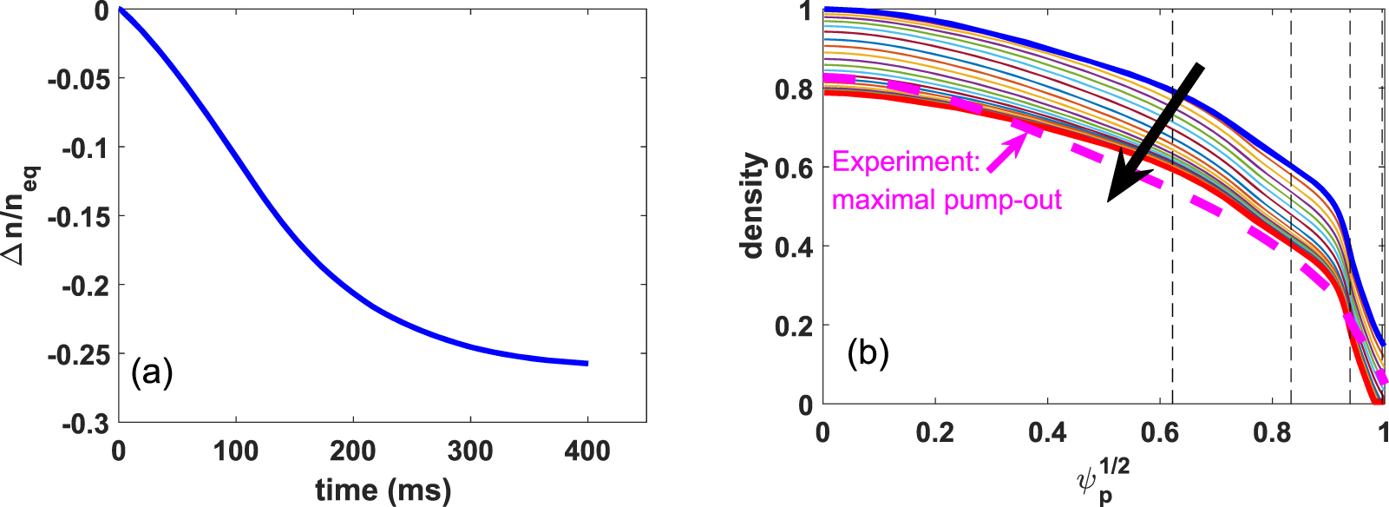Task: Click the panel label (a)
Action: tap(152, 373)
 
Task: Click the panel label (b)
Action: tap(868, 353)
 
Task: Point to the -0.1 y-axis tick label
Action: tap(86, 148)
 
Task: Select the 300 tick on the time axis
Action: tap(470, 451)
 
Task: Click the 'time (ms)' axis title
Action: tap(383, 490)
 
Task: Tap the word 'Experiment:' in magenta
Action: tap(906, 162)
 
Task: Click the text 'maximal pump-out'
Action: tap(947, 201)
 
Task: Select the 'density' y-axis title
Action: tap(753, 206)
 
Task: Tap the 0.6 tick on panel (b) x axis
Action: tap(1160, 432)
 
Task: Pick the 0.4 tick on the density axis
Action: tap(793, 247)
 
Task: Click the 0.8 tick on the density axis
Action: tap(793, 89)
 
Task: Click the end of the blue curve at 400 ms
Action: tap(586, 363)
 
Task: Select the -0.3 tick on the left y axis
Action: tap(86, 424)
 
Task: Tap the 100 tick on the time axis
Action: tap(236, 451)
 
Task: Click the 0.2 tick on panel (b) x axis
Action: tap(935, 432)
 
